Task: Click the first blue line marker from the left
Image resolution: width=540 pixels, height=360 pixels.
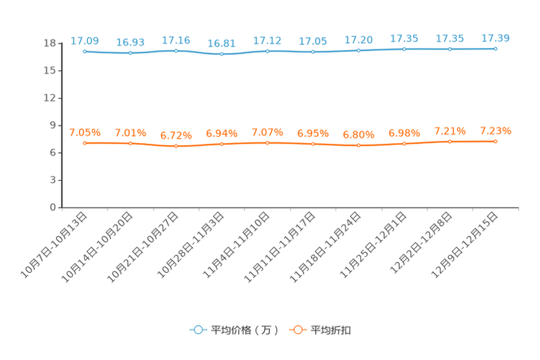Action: click(x=85, y=52)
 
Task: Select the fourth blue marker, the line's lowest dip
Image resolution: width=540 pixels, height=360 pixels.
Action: click(x=221, y=54)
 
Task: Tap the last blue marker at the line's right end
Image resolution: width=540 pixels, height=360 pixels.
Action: click(x=495, y=49)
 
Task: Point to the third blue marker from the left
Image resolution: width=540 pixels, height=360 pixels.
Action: click(x=176, y=51)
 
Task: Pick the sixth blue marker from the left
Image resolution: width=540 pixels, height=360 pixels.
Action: click(x=313, y=52)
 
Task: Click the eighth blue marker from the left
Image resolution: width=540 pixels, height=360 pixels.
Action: click(x=404, y=49)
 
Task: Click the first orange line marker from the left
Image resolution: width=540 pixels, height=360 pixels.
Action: click(x=85, y=143)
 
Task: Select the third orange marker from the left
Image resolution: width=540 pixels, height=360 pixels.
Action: click(x=176, y=147)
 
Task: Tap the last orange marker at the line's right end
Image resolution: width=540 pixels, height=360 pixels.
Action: click(x=495, y=142)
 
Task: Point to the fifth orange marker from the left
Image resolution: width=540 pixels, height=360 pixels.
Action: click(x=267, y=143)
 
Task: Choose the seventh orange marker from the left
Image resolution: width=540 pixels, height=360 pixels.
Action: click(x=359, y=146)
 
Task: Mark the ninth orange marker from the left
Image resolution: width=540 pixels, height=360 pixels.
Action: click(x=450, y=142)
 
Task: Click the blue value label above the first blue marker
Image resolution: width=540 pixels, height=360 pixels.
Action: click(x=85, y=41)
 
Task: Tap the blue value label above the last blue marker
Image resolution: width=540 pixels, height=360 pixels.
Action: click(x=495, y=38)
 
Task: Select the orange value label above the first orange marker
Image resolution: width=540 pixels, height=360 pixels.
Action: click(x=85, y=132)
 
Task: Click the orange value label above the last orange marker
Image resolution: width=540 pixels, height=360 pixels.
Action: click(x=495, y=131)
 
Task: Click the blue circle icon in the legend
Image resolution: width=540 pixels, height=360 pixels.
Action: click(x=197, y=330)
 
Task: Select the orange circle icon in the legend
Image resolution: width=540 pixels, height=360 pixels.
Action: click(x=297, y=330)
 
